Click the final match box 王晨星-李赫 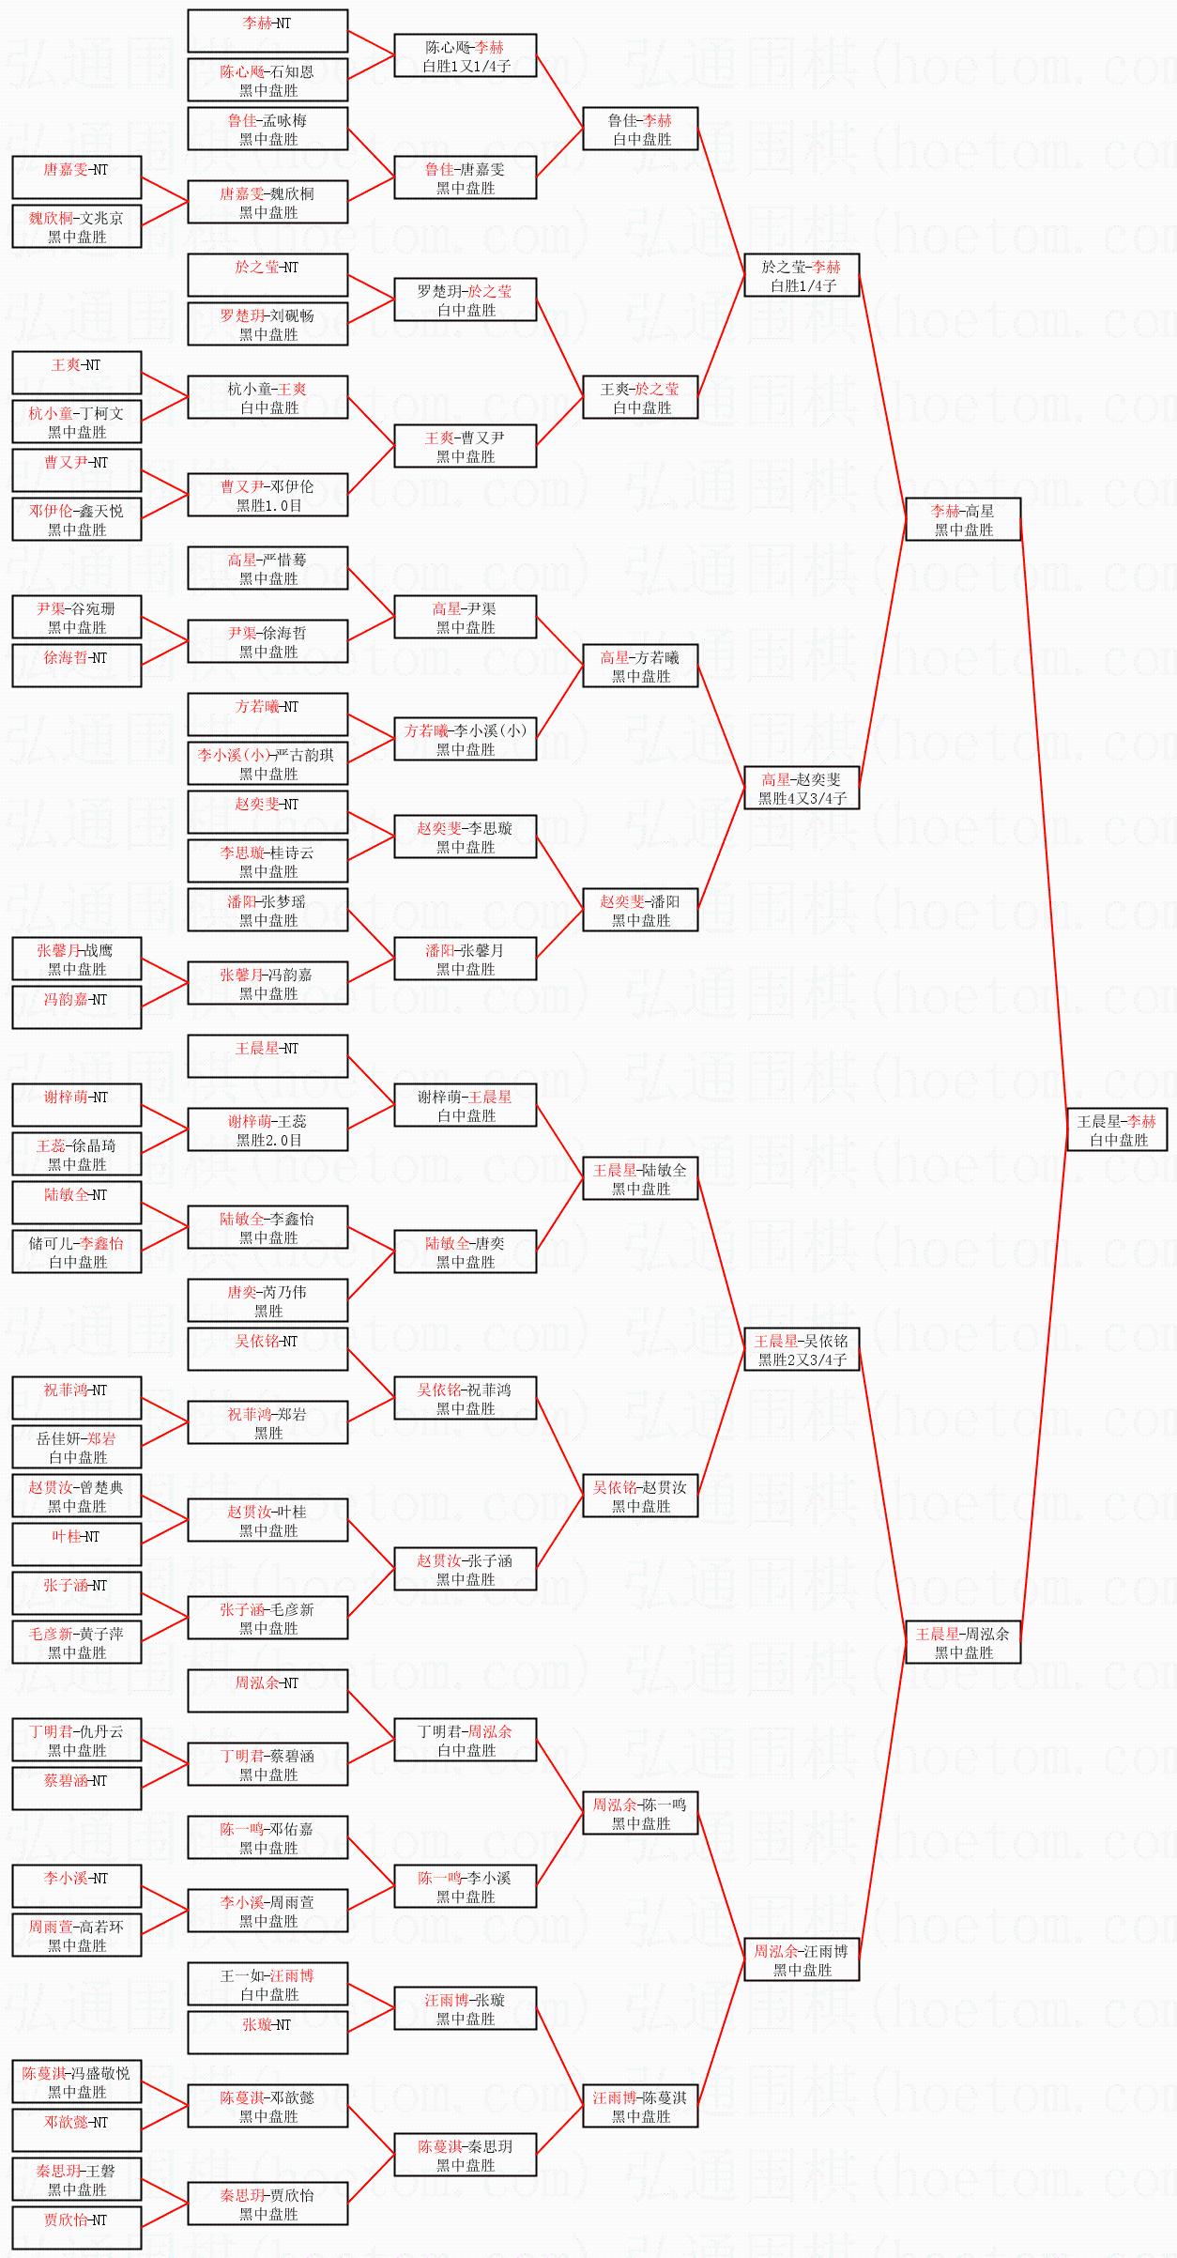(1116, 1129)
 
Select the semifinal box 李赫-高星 (962, 519)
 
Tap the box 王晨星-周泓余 (962, 1642)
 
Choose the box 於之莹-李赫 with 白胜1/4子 (801, 275)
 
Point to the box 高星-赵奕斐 (801, 788)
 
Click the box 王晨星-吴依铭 (801, 1349)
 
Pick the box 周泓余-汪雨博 (801, 1959)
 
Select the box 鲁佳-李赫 (640, 129)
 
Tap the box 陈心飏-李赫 (465, 55)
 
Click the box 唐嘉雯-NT (76, 177)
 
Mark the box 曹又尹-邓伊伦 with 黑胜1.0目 (267, 495)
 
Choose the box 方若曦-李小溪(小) (465, 739)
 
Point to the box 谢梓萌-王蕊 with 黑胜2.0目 (267, 1129)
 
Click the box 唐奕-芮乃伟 (267, 1300)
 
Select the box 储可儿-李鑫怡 (76, 1252)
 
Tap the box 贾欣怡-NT (76, 2228)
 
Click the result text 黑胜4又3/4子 (802, 798)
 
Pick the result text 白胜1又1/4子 (466, 66)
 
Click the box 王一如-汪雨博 (267, 1984)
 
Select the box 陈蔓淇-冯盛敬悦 (76, 2081)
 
